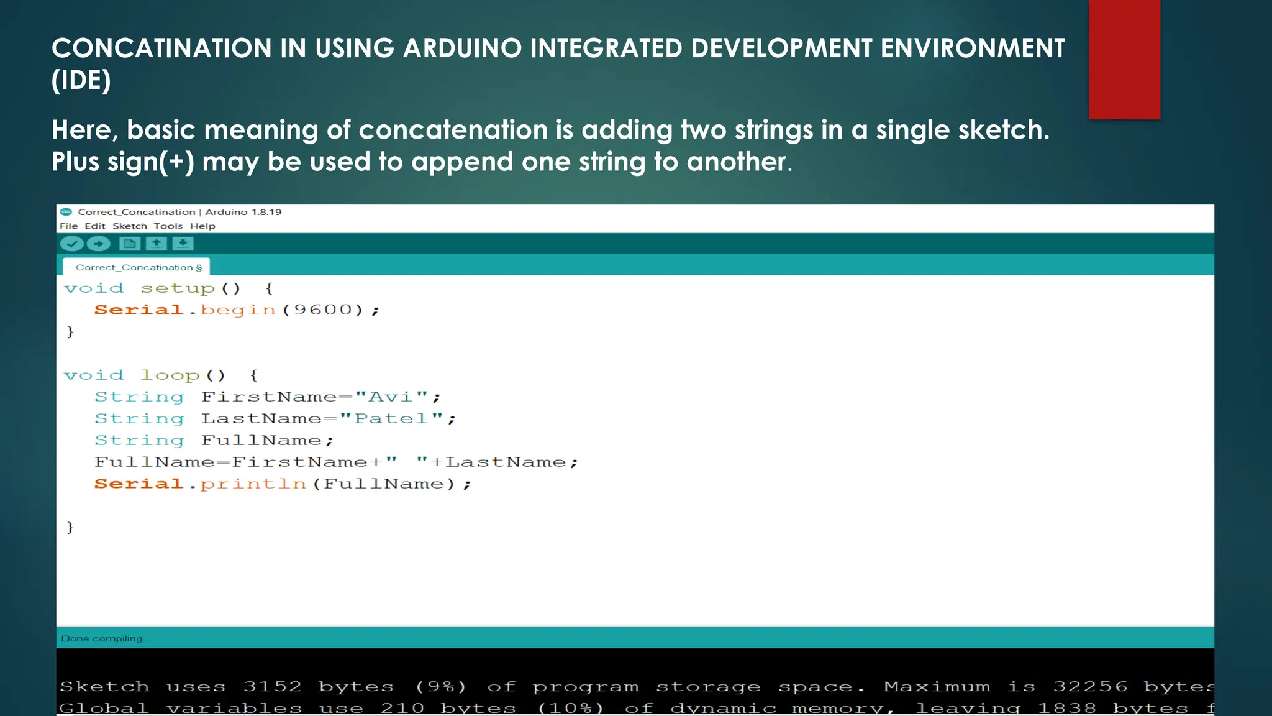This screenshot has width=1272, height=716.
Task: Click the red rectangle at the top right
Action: [1124, 59]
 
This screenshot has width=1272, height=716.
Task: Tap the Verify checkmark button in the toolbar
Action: [72, 244]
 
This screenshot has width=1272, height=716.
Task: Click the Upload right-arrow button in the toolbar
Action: [98, 244]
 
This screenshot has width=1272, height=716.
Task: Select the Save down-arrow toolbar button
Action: [183, 244]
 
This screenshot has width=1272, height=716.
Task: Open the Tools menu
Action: [168, 226]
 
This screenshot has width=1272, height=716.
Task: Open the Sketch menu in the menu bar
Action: [130, 226]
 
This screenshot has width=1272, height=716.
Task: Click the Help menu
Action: [202, 226]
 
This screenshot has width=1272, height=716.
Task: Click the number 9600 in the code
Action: [323, 310]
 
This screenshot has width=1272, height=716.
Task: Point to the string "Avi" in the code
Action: [391, 397]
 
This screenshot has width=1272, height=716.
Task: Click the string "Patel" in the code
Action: [391, 418]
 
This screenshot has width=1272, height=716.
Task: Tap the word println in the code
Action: [253, 484]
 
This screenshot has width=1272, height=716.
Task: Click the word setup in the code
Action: [178, 288]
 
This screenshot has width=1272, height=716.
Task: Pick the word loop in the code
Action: [170, 375]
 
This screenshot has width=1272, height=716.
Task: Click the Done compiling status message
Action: [102, 638]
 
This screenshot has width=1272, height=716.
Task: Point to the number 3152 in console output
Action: [272, 686]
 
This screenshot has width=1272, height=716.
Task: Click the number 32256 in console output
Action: [1090, 686]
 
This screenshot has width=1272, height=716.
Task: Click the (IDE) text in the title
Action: [81, 80]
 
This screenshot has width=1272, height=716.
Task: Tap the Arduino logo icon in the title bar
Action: [66, 212]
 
